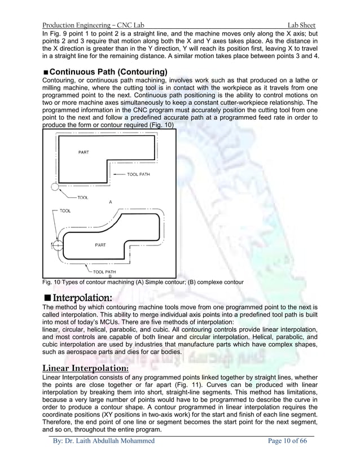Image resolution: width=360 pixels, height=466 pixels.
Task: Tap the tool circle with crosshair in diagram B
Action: pyautogui.click(x=56, y=245)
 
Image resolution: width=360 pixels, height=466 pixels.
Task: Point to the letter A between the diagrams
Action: pyautogui.click(x=110, y=201)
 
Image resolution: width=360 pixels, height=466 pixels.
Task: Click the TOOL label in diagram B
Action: pyautogui.click(x=65, y=209)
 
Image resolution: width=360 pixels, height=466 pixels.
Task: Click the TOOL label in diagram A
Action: pyautogui.click(x=83, y=197)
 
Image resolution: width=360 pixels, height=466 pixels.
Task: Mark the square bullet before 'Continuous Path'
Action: pyautogui.click(x=46, y=73)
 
